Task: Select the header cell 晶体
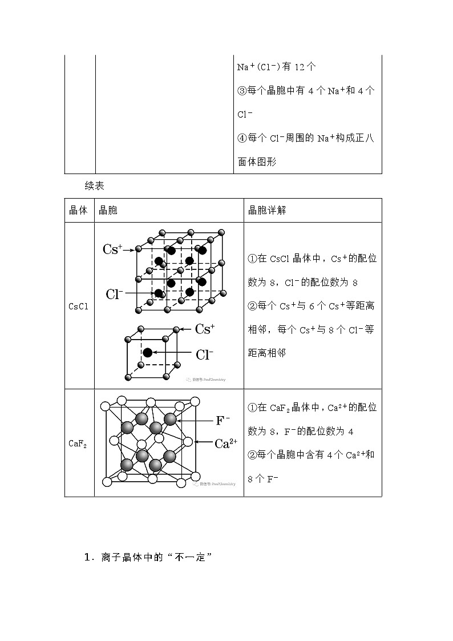78,210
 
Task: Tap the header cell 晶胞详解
266,210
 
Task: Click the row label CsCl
78,307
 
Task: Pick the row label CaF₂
78,443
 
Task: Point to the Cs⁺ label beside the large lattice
112,249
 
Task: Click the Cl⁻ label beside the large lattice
115,294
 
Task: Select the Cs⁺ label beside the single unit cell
205,329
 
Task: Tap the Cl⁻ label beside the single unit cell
204,354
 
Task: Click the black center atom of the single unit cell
148,353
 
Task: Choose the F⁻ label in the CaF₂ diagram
223,421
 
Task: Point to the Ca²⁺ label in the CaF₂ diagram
225,443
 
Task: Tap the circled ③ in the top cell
242,91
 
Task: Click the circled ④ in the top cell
242,138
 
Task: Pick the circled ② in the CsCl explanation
253,306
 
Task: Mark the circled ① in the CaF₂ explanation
253,408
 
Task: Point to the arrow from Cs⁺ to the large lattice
130,249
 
